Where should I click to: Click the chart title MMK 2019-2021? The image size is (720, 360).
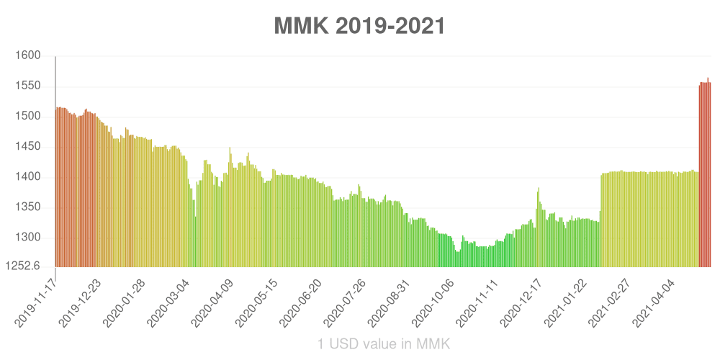point(359,26)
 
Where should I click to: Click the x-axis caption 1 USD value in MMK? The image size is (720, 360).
point(384,344)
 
